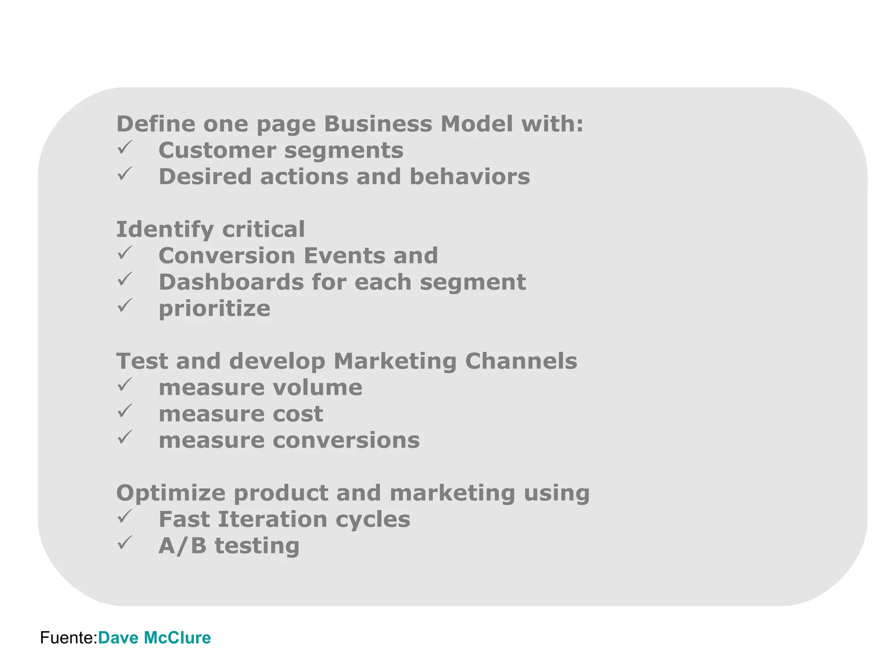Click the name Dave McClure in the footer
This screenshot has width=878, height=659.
tap(154, 638)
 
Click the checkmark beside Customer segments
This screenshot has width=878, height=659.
tap(124, 148)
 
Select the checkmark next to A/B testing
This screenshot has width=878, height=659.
tap(124, 544)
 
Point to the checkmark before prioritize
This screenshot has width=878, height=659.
tap(124, 306)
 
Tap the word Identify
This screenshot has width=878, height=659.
tap(165, 230)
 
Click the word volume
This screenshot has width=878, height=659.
tap(317, 388)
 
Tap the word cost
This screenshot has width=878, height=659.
tap(298, 414)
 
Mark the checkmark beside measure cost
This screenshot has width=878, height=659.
tap(124, 412)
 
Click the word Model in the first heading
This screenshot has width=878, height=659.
tap(476, 124)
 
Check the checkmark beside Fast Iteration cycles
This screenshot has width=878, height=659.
tap(124, 517)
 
